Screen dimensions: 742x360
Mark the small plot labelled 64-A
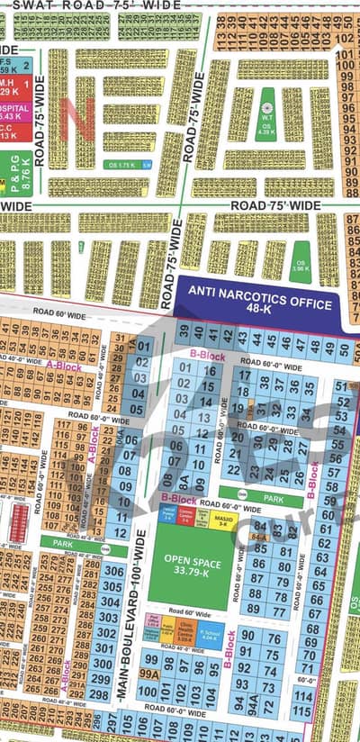tap(261, 537)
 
